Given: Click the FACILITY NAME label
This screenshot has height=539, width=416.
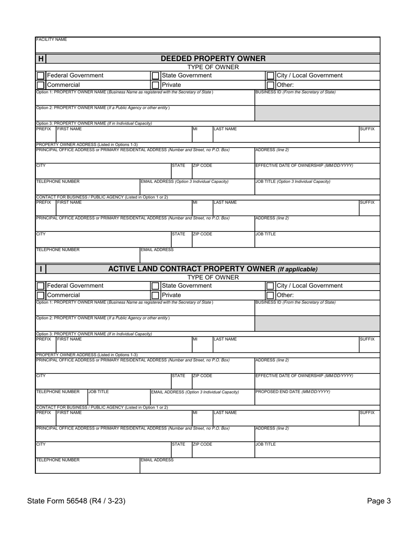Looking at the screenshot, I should point(51,40).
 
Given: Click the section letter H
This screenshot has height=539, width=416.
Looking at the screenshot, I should point(41,59).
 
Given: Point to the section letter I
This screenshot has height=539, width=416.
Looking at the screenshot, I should point(41,269).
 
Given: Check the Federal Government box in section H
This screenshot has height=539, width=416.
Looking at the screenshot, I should point(41,76).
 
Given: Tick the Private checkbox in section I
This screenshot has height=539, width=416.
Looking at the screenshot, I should point(155,295).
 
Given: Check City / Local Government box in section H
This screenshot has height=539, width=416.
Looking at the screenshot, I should point(271,76).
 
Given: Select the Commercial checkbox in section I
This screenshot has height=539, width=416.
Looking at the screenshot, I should point(41,295).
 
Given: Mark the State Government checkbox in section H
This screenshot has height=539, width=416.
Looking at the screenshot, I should point(155,76).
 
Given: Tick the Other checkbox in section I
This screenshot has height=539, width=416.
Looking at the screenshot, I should point(271,295).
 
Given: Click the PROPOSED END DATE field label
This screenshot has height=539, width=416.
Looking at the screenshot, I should point(293,392).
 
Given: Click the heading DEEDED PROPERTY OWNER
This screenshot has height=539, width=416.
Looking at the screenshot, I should point(213,59).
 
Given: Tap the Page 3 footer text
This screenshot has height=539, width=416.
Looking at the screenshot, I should point(379,501).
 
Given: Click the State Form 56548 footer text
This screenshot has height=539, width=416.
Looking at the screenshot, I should point(76,501).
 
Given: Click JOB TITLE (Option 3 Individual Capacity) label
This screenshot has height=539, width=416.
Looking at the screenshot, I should point(293,181).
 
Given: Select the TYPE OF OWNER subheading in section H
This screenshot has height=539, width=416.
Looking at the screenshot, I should point(213,67).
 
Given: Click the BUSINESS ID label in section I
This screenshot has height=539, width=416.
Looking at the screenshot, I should point(295,302).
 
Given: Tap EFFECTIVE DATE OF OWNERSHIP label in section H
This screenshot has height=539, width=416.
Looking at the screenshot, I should point(304,166).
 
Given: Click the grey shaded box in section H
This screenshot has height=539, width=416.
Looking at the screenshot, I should point(317,113).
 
